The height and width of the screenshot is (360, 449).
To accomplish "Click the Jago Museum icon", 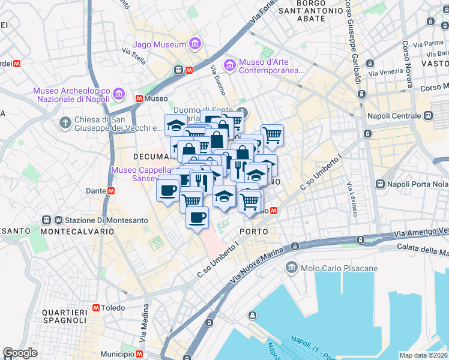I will click(194, 44).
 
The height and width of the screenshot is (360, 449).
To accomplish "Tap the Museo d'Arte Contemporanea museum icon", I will click(229, 64).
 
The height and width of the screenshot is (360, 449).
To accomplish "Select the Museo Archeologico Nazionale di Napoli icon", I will click(118, 95).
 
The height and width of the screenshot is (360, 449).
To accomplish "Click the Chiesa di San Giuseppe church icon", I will click(65, 122).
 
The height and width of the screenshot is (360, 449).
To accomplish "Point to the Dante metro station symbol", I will click(111, 191).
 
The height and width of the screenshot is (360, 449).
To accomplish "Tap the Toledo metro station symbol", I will click(96, 308).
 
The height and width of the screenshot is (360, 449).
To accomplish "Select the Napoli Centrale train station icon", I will click(429, 115).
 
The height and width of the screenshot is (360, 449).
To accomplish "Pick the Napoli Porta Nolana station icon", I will click(380, 184).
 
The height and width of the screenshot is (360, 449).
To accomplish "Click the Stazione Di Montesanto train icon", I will click(46, 220).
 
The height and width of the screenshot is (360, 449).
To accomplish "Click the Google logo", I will click(20, 353).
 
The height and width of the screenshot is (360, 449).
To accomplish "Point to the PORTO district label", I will click(253, 231).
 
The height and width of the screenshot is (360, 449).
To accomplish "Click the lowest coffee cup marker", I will click(196, 217).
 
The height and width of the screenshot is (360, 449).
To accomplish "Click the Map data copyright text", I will click(423, 355).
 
